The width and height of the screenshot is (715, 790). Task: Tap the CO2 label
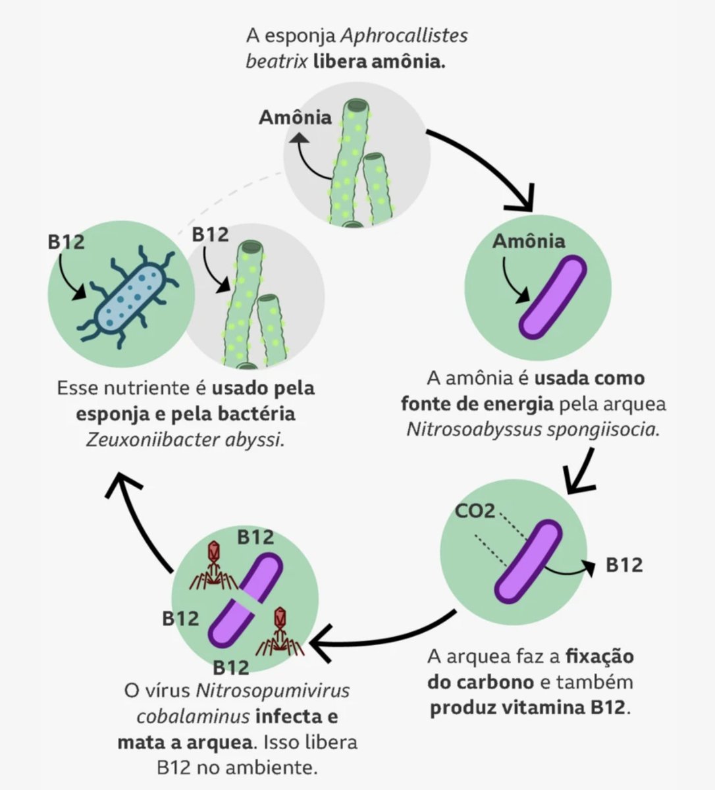click(x=475, y=510)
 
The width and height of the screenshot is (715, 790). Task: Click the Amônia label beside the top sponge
click(x=295, y=118)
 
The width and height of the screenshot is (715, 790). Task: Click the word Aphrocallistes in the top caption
click(x=413, y=36)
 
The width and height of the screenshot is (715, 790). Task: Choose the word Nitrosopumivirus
click(x=272, y=691)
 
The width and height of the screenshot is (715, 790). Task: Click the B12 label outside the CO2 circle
click(x=623, y=565)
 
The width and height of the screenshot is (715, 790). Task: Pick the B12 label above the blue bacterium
click(x=66, y=242)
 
